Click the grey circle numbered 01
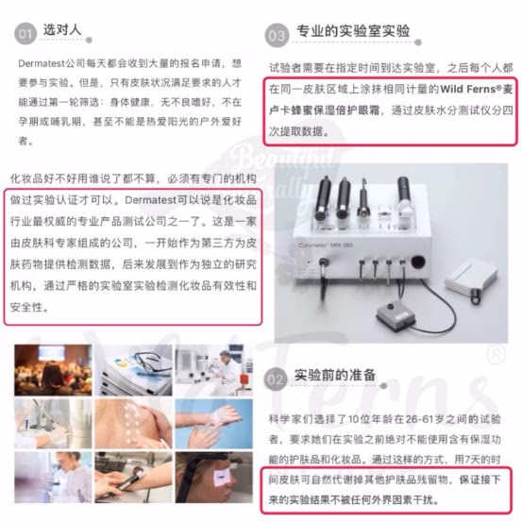coord(25,34)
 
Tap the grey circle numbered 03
coord(277,36)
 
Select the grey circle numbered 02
coord(275,379)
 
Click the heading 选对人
coord(62,29)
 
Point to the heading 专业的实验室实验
coord(353,31)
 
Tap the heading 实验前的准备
coord(335,375)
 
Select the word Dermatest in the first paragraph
coord(42,63)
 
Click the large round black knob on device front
coord(417,261)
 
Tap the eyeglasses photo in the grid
coord(133,370)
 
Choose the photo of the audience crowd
coord(53,370)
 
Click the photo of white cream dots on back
coord(133,424)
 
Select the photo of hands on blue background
coord(213,424)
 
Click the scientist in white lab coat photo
coord(213,370)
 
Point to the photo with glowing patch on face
coord(213,477)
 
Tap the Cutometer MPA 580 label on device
coord(326,245)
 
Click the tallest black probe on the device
coord(403,196)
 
